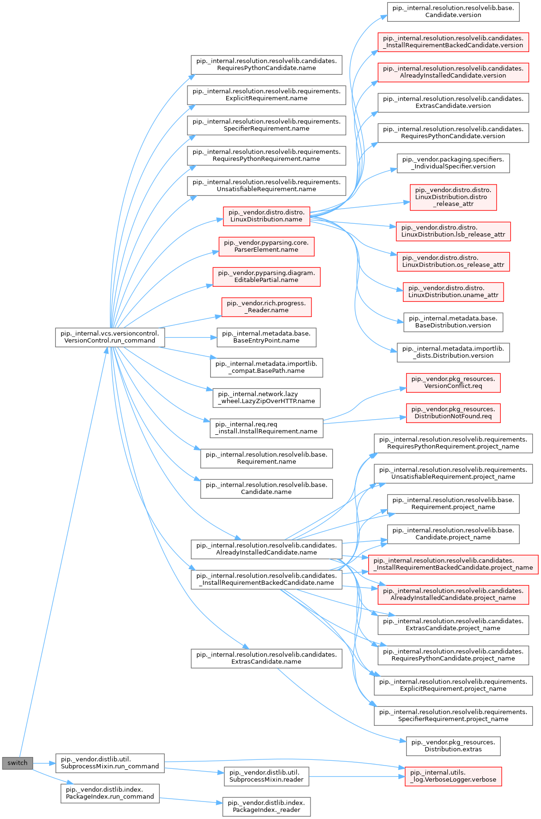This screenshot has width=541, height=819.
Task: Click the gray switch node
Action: (x=18, y=763)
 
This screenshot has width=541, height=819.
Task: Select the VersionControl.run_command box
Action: (x=110, y=337)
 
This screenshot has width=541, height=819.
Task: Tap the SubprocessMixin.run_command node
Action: (x=110, y=763)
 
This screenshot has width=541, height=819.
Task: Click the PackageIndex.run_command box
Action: (x=110, y=793)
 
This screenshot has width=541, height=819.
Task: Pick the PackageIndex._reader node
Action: (x=266, y=806)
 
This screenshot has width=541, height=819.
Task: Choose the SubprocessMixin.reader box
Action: (x=266, y=776)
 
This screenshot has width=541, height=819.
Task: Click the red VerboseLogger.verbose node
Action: (x=453, y=776)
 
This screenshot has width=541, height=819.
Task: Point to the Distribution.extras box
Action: (x=453, y=746)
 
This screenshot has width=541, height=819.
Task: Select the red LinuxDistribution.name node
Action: (x=266, y=216)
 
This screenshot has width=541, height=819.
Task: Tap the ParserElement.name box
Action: (x=266, y=246)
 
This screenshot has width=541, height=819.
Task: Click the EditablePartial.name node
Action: (x=266, y=276)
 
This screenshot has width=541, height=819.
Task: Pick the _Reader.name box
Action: (x=266, y=307)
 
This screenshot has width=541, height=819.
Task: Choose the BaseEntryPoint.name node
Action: (x=266, y=337)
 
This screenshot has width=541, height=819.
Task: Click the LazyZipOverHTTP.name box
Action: (x=266, y=397)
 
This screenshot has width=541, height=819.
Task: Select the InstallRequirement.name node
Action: (x=266, y=428)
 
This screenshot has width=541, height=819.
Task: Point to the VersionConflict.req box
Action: (x=453, y=382)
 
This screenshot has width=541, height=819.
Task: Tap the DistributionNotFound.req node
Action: (x=453, y=413)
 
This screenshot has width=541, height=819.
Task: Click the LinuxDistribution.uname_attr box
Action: (x=453, y=291)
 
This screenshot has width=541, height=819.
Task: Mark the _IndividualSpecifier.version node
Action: (x=453, y=163)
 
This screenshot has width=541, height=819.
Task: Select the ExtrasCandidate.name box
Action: (x=266, y=658)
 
